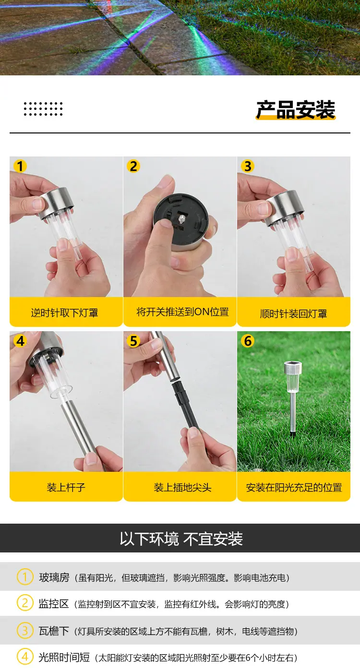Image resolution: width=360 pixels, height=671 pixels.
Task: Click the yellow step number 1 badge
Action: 20,166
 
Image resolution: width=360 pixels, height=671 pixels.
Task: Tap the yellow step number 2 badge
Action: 133,166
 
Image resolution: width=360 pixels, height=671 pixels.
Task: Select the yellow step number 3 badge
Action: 247,166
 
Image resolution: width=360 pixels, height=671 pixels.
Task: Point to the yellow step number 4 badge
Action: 20,341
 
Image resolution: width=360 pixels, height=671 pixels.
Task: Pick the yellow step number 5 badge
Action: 133,341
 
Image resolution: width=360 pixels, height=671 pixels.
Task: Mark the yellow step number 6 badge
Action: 247,341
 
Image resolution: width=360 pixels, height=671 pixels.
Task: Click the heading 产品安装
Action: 296,109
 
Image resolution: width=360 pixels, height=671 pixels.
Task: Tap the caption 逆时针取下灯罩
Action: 64,313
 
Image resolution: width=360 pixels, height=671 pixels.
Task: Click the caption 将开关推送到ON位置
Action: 183,312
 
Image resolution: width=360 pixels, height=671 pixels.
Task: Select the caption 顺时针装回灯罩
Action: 293,313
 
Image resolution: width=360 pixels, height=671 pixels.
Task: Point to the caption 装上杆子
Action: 66,487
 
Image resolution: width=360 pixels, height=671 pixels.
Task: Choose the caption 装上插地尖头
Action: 182,487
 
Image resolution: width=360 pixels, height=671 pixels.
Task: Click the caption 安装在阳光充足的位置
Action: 294,487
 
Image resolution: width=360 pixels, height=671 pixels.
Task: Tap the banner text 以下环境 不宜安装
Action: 181,539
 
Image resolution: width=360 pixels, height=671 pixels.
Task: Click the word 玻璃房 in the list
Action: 54,577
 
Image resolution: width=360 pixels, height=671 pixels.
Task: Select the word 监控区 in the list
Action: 54,604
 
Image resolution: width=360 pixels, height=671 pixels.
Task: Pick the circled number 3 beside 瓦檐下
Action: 25,631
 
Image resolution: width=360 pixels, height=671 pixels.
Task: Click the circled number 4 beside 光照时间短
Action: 25,657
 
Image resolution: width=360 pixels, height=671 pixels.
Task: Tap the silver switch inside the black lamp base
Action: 182,219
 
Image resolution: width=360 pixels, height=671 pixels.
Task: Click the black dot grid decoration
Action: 43,109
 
